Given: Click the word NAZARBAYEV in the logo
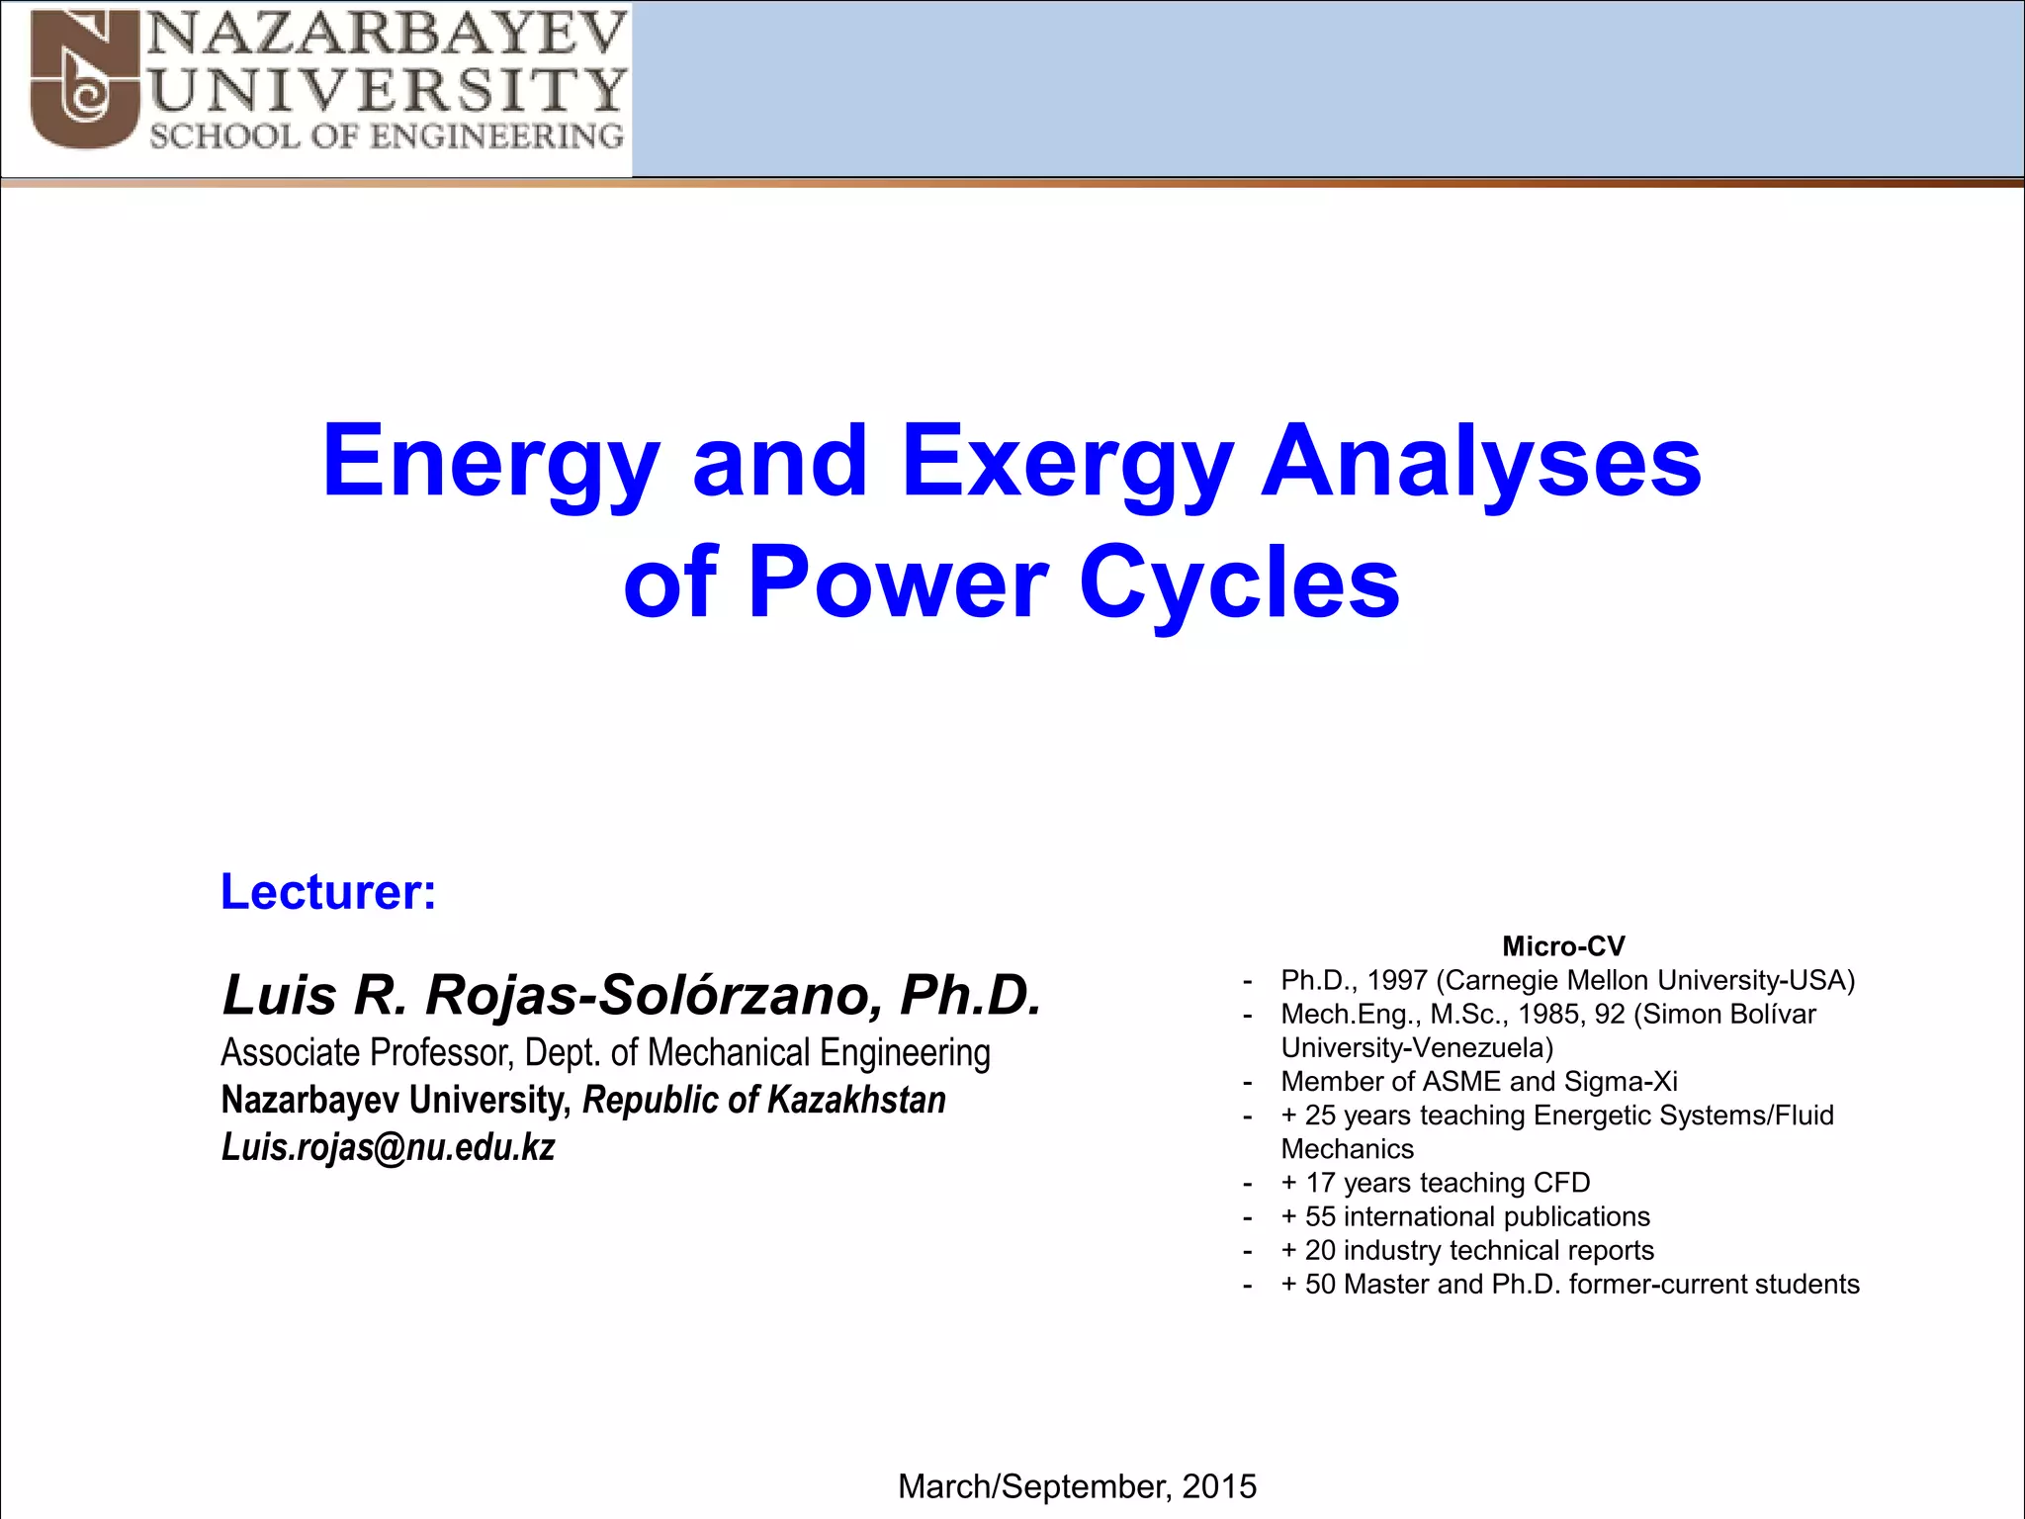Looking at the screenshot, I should (388, 35).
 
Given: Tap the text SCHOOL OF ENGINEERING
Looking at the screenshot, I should (387, 136).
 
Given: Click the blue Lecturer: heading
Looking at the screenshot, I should (328, 892).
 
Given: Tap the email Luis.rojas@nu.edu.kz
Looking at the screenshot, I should (388, 1147).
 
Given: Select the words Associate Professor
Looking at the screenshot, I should (366, 1052).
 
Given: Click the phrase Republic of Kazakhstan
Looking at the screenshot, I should (763, 1100).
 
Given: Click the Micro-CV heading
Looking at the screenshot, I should (1563, 946).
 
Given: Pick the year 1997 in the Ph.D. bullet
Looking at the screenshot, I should (1396, 980).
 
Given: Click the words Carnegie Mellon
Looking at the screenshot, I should (1563, 980).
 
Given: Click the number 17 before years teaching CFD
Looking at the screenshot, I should (1320, 1183).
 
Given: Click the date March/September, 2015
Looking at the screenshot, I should (1077, 1486).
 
